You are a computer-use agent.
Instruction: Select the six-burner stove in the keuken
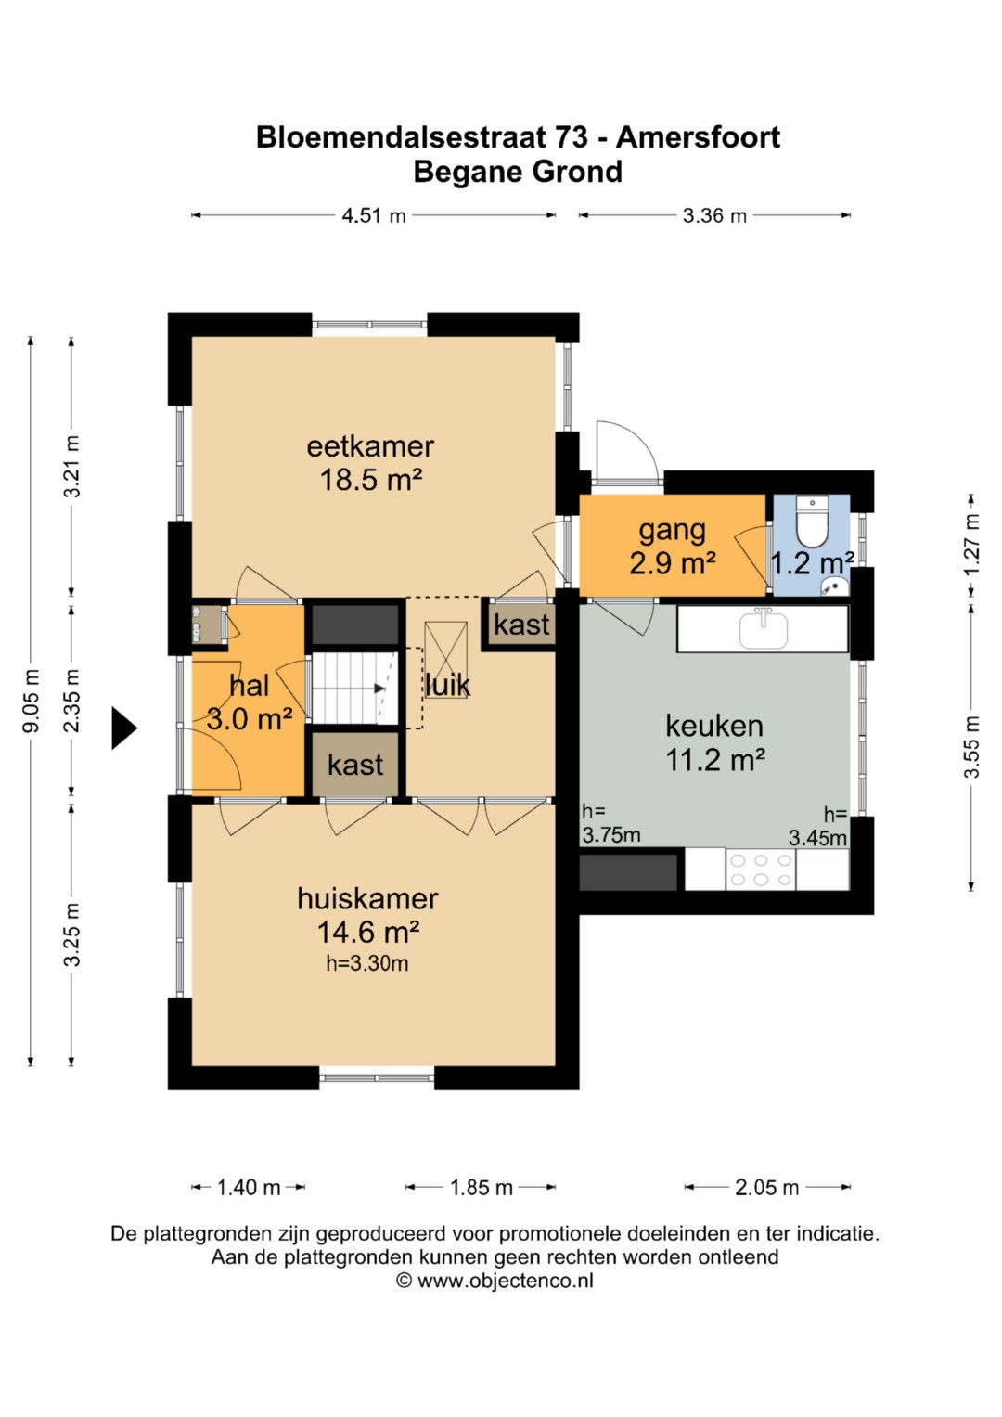pos(761,870)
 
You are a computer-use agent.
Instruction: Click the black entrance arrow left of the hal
pos(124,728)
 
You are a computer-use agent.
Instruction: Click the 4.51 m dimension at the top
pos(373,215)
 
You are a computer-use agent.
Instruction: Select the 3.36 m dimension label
pos(714,215)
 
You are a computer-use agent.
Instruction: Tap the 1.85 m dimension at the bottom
pos(481,1188)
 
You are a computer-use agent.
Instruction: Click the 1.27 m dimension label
pos(971,544)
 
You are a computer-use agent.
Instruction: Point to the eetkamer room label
pos(371,446)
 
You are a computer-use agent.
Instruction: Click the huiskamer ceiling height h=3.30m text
pos(366,963)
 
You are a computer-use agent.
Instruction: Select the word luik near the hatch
pos(448,685)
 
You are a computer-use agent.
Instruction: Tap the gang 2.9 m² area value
pos(673,562)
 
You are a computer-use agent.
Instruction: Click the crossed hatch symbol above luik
pos(446,659)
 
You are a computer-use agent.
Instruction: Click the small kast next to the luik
pos(521,625)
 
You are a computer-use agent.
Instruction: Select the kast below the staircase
pos(355,764)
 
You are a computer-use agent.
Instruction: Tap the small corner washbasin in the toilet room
pos(834,586)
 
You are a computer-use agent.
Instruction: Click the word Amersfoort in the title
pos(699,137)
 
